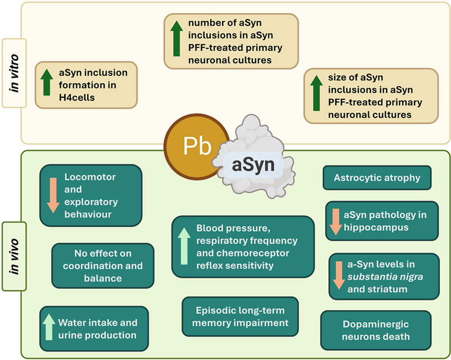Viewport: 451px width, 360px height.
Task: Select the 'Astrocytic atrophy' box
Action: [377, 178]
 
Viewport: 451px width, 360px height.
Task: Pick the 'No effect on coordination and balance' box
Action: [103, 266]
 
